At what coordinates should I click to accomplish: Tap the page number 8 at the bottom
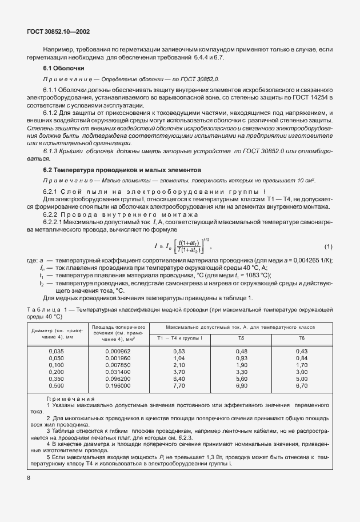[x=29, y=476]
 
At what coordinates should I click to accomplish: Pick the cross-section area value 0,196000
[x=119, y=385]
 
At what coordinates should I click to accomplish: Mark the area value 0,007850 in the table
[x=119, y=365]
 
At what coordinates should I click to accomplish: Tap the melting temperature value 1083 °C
[x=255, y=275]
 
